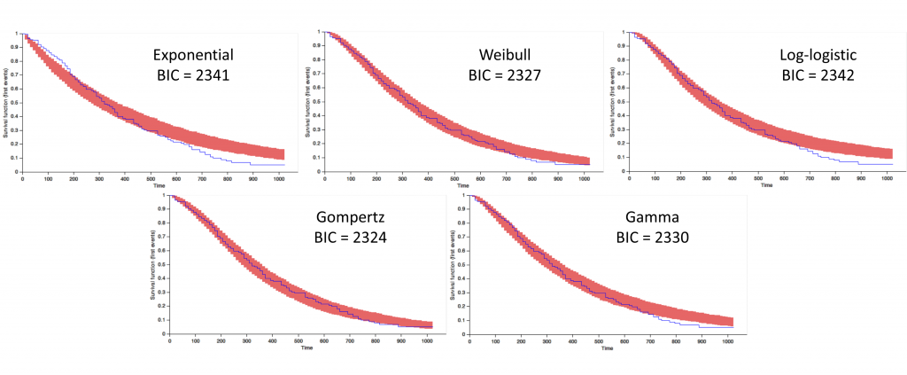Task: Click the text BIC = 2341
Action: [191, 76]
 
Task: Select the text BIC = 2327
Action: [504, 76]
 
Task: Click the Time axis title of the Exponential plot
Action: [157, 186]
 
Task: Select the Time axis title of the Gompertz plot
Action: [306, 348]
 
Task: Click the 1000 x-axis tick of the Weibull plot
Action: [583, 179]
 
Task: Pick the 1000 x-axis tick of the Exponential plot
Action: [279, 179]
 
